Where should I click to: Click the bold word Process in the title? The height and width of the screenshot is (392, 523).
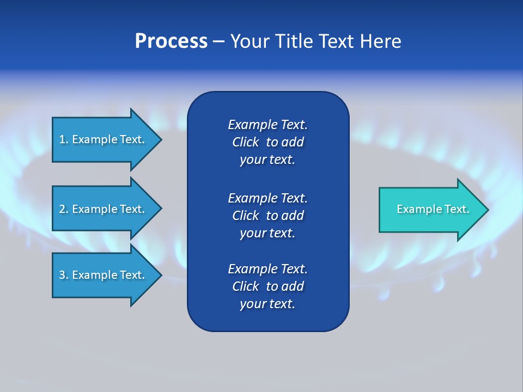coord(171,41)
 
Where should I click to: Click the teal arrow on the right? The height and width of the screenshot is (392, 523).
coord(430,210)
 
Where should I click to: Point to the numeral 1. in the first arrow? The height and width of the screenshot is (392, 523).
coord(64,139)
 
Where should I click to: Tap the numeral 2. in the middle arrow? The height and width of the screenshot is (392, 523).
coord(64,209)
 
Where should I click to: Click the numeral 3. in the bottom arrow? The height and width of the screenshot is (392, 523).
coord(64,275)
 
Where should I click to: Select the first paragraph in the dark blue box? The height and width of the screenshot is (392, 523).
coord(267,142)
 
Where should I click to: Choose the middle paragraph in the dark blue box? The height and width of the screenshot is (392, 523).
coord(267,216)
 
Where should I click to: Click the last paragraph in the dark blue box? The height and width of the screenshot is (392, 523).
coord(267,286)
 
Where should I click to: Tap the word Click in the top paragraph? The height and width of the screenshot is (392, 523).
coord(245,142)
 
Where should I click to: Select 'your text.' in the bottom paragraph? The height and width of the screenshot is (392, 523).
coord(267,304)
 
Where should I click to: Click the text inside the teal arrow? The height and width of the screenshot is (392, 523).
coord(433,209)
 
